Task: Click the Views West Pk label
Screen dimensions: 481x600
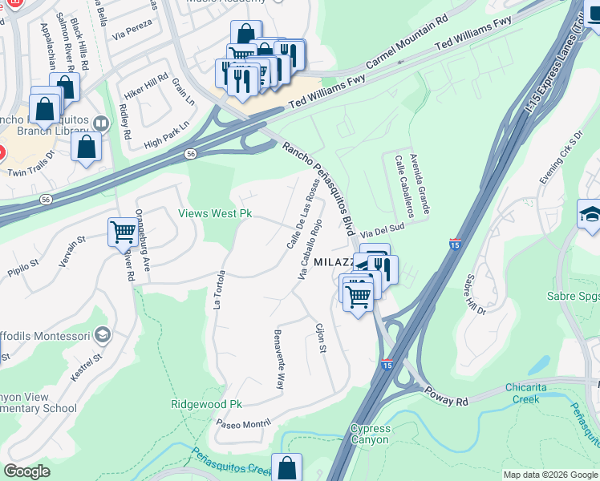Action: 214,214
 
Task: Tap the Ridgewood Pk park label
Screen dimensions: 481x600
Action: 206,405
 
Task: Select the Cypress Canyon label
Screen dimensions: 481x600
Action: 370,435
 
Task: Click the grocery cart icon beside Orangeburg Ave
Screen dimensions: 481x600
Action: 123,232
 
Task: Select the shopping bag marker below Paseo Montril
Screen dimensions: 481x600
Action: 286,468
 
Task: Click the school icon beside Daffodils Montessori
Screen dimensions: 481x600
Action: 102,333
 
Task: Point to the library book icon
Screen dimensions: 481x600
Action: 101,124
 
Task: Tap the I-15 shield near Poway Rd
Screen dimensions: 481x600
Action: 387,366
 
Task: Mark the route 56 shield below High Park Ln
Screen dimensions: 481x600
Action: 189,154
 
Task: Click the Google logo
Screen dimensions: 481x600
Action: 27,471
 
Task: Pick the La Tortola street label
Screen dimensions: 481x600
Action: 217,289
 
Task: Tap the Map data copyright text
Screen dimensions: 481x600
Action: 549,475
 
